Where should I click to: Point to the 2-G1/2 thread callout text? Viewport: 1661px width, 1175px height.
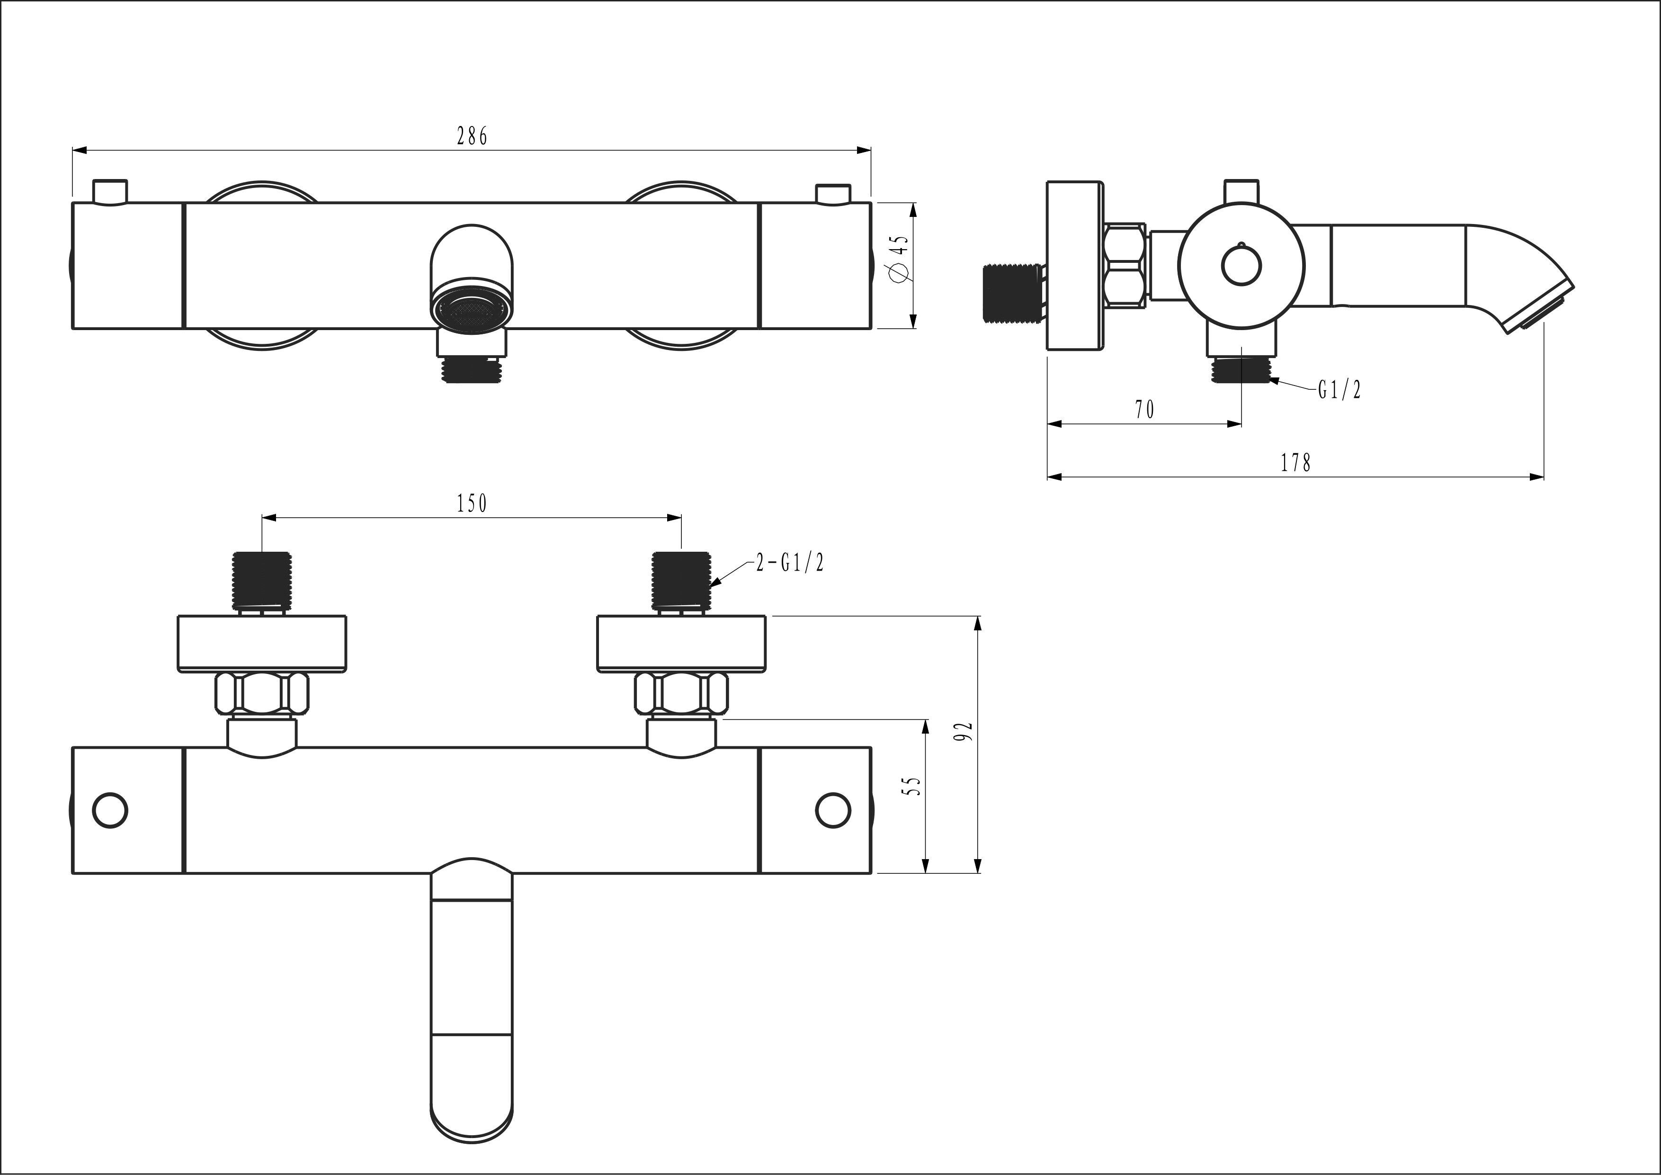[x=790, y=562]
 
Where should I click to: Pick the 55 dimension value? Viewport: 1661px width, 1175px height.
[x=914, y=787]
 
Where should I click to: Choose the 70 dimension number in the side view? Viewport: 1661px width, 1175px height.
[x=1144, y=410]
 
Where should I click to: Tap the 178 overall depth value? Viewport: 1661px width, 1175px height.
[x=1295, y=462]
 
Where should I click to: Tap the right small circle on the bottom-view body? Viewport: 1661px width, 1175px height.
[x=833, y=810]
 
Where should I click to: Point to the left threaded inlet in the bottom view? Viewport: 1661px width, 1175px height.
[x=262, y=580]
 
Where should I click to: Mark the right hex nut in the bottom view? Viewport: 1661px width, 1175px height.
[x=681, y=693]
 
